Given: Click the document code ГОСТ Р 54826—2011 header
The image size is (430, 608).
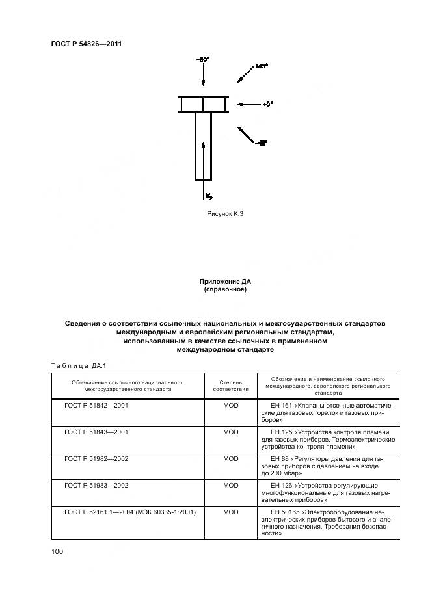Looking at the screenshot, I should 87,44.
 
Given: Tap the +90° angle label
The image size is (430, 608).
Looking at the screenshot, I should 202,59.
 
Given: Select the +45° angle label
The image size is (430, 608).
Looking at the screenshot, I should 260,66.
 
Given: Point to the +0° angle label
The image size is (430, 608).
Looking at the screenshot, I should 268,104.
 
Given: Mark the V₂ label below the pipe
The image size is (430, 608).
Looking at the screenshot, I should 209,196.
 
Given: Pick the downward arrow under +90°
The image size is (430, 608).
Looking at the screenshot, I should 204,76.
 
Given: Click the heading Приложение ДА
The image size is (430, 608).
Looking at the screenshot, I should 225,281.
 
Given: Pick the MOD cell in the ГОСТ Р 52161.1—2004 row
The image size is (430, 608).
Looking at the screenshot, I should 231,512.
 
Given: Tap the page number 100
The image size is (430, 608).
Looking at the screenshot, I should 57,551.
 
